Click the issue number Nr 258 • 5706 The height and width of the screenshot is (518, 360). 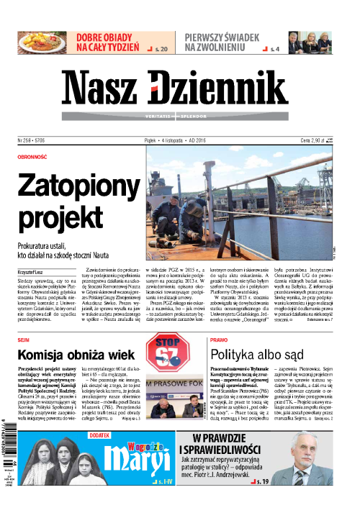click(x=34, y=141)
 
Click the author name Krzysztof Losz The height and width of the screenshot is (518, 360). click(x=36, y=271)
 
